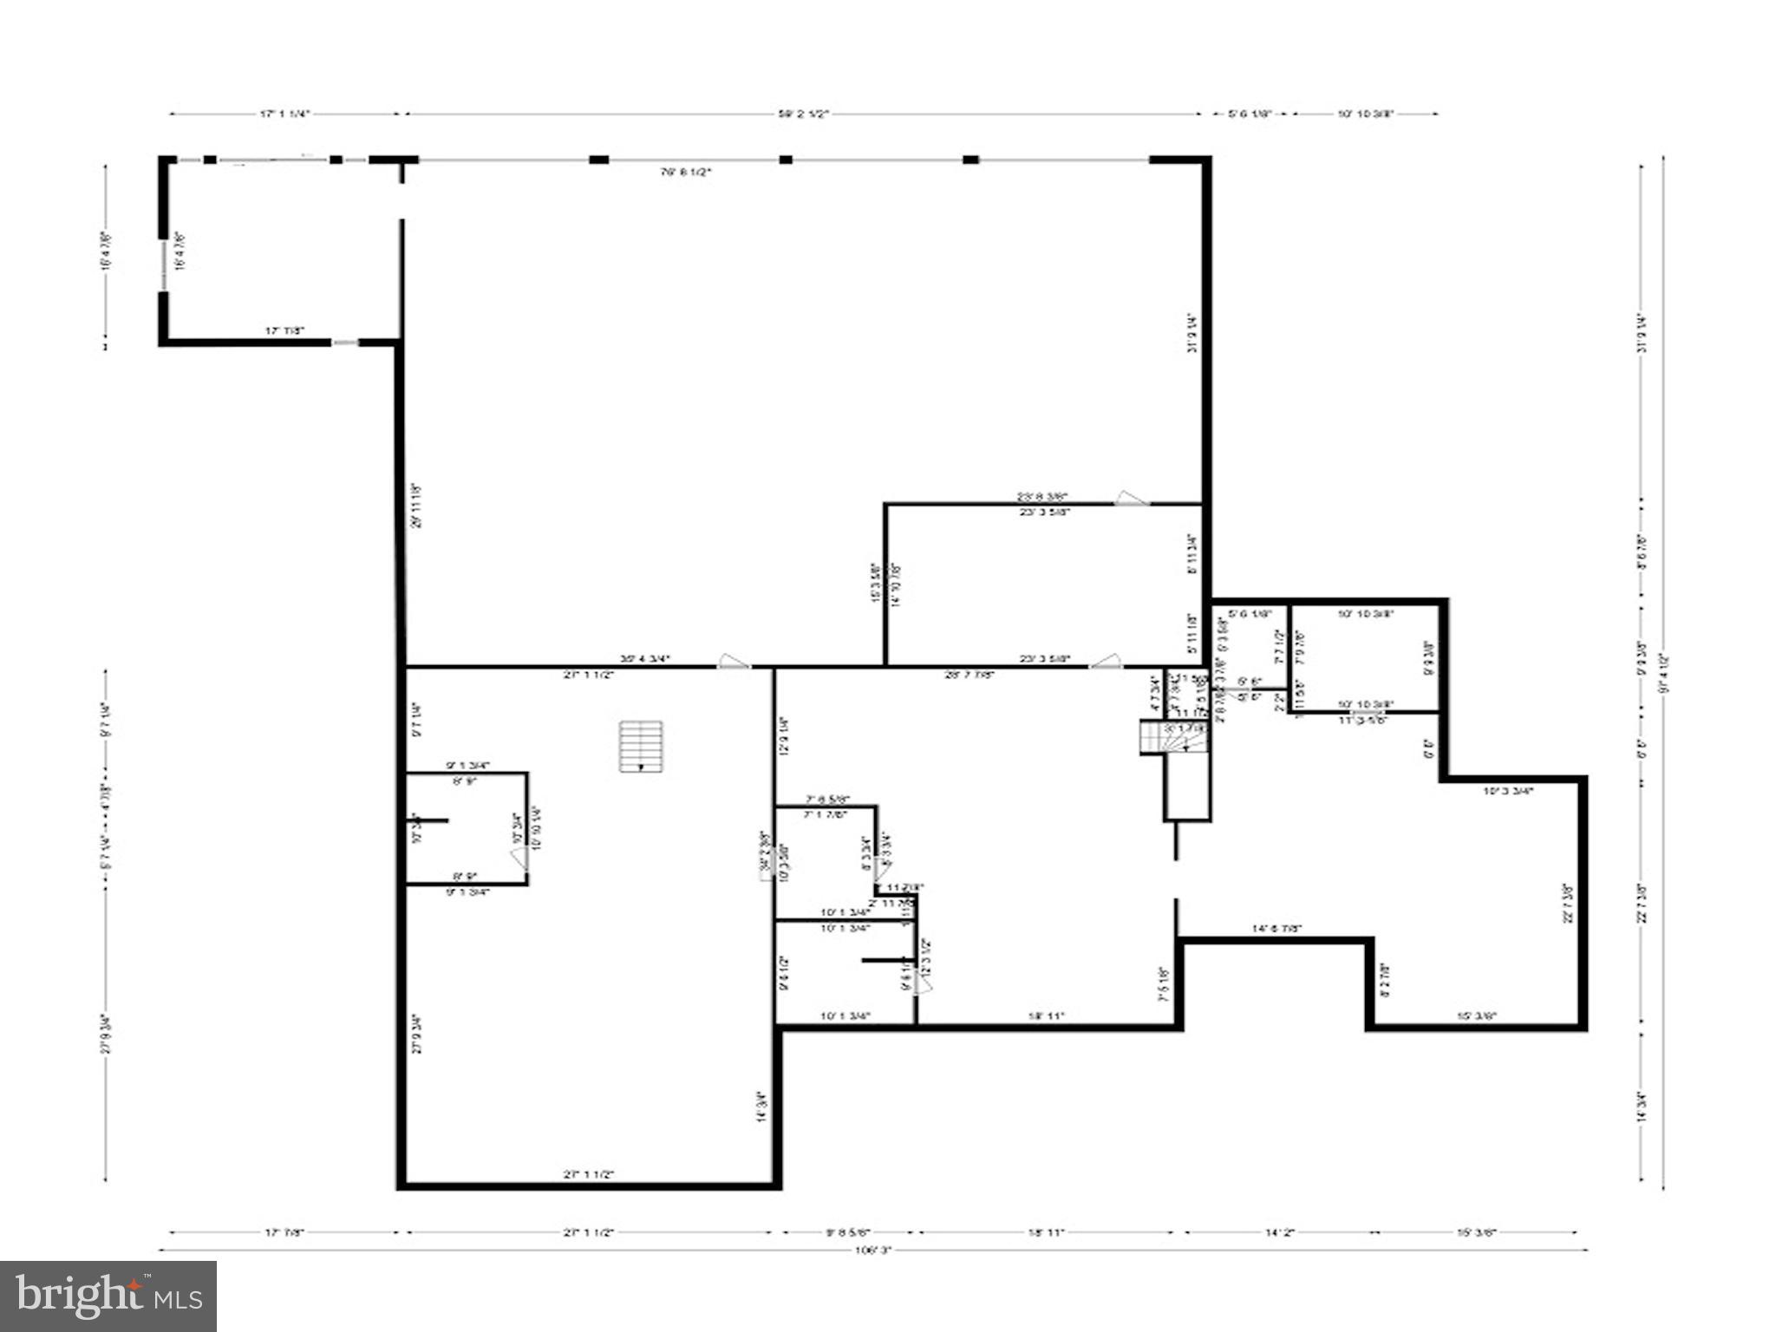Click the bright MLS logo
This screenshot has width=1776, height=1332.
coord(108,1296)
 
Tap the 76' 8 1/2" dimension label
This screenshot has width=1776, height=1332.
coord(685,172)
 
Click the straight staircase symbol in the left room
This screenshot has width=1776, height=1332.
coord(641,746)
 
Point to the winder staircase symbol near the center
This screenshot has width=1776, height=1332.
coord(1159,738)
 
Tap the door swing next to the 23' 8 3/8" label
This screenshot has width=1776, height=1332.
coord(1131,498)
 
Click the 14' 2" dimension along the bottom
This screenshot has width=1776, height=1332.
coord(1279,1231)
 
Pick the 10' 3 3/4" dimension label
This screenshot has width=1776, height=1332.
coord(1508,791)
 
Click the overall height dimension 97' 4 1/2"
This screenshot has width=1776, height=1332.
coord(1662,672)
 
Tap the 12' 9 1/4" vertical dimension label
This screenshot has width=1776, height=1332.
coord(784,735)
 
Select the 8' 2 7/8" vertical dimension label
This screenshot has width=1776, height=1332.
coord(1385,980)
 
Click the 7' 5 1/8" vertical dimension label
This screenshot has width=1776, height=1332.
coord(1165,984)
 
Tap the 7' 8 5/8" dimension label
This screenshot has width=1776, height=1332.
coord(827,799)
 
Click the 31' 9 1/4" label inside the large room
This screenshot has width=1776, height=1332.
coord(1193,332)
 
